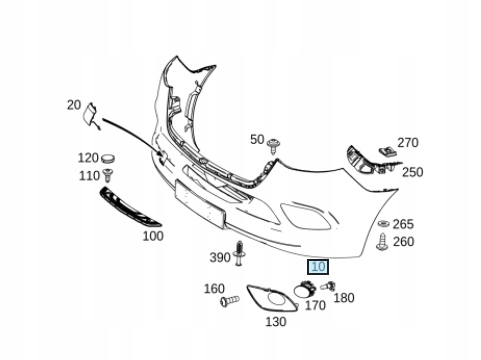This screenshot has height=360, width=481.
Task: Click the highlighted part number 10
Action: tap(318, 267)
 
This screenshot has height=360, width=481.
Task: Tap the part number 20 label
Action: tap(74, 105)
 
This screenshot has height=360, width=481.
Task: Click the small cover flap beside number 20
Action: tap(90, 115)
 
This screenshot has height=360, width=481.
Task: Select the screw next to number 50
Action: tap(273, 146)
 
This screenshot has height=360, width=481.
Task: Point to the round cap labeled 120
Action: tap(108, 158)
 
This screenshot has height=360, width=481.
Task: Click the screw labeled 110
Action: tap(108, 175)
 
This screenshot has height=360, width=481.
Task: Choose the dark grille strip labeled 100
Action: tap(130, 207)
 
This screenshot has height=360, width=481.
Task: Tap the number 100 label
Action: tap(153, 236)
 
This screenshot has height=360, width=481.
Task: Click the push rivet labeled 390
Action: tap(240, 253)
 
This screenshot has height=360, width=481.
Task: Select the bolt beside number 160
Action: tap(230, 300)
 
